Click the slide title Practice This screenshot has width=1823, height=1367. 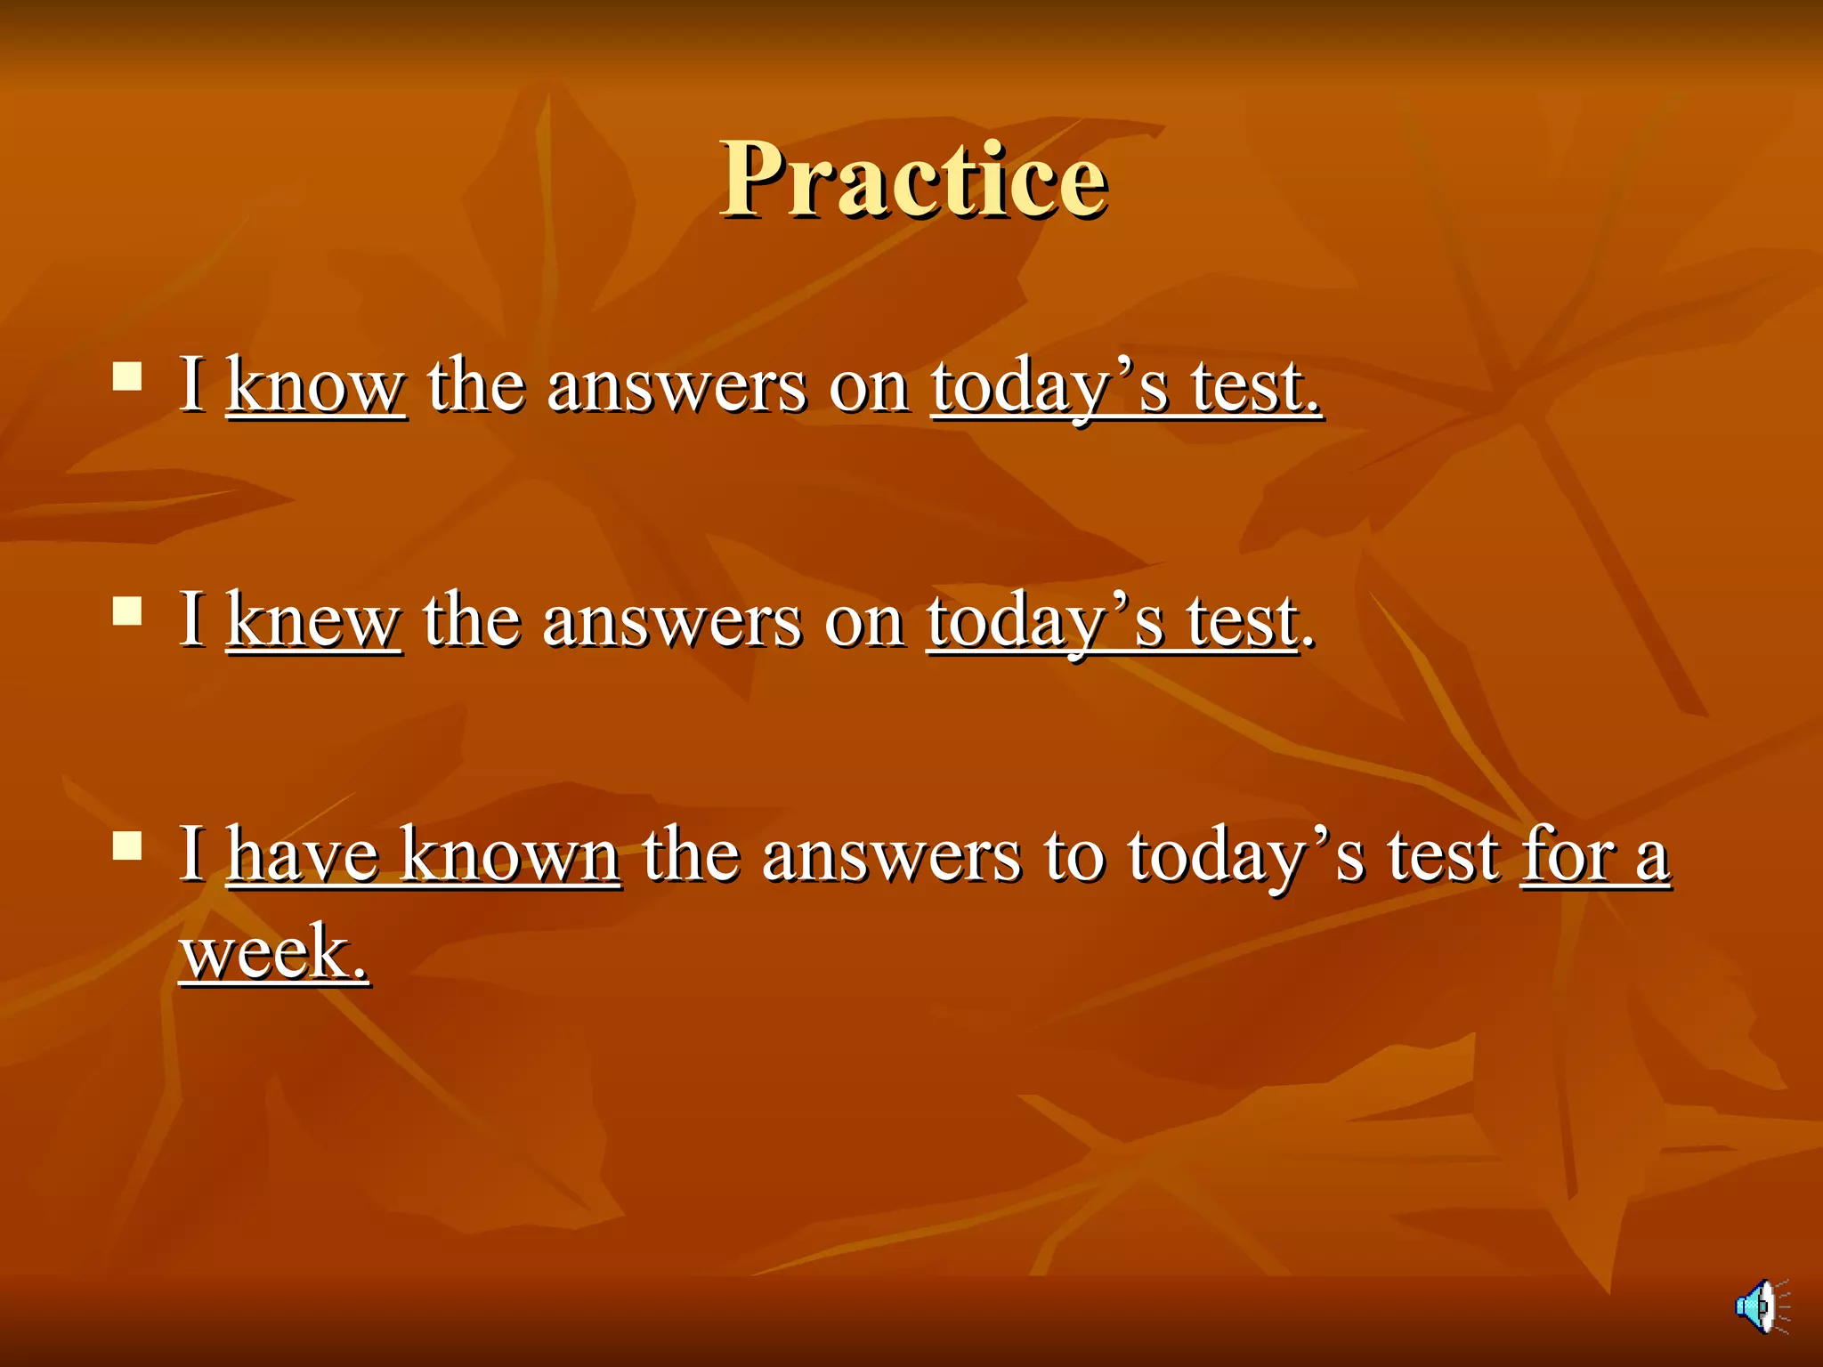(x=913, y=180)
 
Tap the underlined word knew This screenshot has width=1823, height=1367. (x=313, y=620)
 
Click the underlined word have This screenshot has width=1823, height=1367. (x=303, y=854)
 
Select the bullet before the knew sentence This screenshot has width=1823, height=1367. (x=128, y=611)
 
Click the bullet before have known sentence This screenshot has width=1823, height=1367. (x=128, y=845)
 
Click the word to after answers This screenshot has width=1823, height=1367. (x=1074, y=856)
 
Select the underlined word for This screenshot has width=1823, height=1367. (x=1568, y=854)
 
